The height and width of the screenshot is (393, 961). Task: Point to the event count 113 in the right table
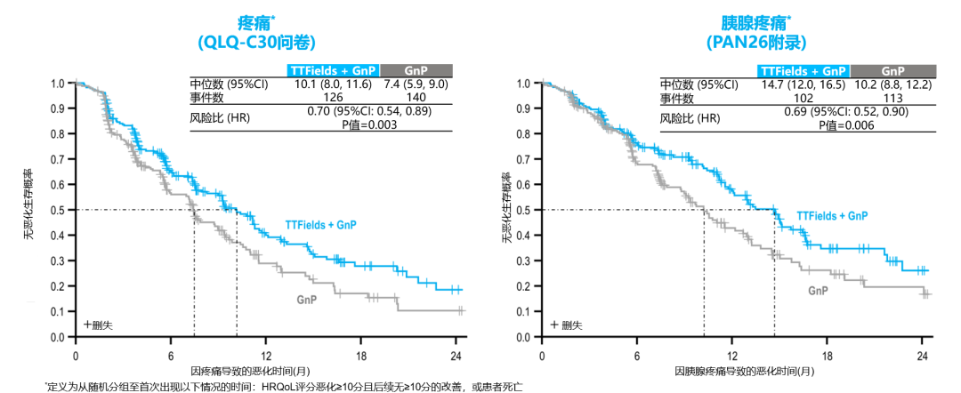890,96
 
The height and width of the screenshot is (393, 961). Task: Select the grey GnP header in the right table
892,70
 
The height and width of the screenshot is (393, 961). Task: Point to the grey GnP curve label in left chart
307,299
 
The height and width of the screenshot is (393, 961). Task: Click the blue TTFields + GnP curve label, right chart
832,215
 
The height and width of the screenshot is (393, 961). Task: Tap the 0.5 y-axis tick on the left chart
58,210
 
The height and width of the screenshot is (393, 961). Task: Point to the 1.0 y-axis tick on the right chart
524,84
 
